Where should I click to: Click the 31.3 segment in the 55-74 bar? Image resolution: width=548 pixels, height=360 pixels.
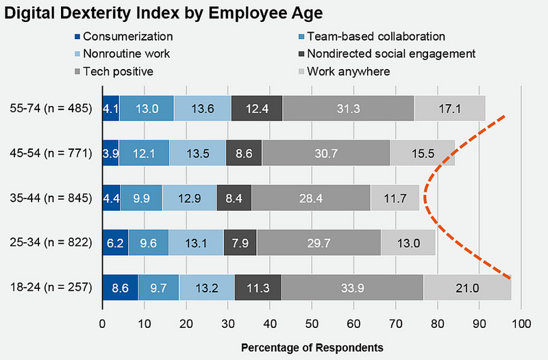click(348, 108)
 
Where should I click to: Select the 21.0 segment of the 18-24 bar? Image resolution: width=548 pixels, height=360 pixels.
click(467, 287)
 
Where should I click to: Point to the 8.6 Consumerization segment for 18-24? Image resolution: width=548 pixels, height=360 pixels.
click(120, 287)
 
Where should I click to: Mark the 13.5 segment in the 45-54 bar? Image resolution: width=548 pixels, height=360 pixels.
click(197, 153)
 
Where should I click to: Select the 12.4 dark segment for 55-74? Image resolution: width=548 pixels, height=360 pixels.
click(257, 108)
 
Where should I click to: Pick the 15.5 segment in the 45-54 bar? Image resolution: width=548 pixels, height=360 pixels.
click(422, 153)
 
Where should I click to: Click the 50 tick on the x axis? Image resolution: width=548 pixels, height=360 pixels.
click(312, 322)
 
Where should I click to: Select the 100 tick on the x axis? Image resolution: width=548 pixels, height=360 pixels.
click(521, 322)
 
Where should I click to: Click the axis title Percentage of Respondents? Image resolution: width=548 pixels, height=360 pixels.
click(312, 347)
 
